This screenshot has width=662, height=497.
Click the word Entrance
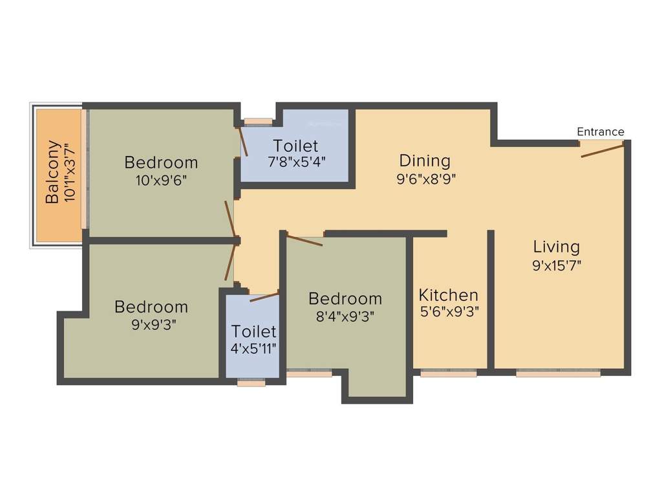click(x=601, y=132)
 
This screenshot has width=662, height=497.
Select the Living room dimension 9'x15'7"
click(x=557, y=265)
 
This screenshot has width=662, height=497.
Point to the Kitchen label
click(x=449, y=296)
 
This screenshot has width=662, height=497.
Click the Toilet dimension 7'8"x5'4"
click(x=297, y=162)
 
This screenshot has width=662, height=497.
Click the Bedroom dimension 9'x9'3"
click(x=151, y=324)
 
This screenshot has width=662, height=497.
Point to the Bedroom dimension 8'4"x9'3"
click(x=345, y=316)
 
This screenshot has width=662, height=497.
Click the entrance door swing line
click(x=603, y=151)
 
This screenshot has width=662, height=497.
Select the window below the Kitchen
click(x=449, y=373)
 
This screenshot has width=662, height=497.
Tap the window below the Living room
click(x=558, y=373)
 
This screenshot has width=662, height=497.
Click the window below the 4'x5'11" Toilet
click(x=251, y=384)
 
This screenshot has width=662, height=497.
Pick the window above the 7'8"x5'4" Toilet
click(x=258, y=120)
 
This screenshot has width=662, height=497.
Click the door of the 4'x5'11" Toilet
click(x=264, y=297)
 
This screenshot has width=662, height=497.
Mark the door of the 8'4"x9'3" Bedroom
click(x=304, y=241)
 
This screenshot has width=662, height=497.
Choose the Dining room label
click(x=424, y=160)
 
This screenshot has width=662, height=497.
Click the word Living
click(x=556, y=247)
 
